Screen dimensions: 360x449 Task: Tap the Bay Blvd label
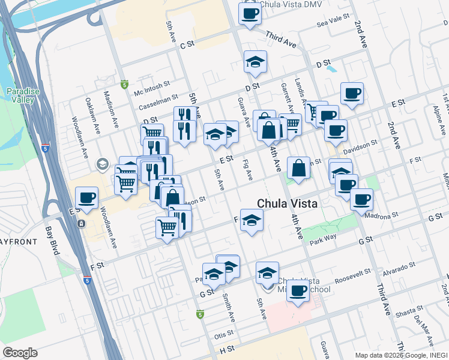pos(53,240)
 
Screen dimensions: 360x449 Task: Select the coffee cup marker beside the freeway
pos(86,199)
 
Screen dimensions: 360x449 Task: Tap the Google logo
pos(20,353)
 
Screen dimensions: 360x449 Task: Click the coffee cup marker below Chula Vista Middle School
pos(298,292)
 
